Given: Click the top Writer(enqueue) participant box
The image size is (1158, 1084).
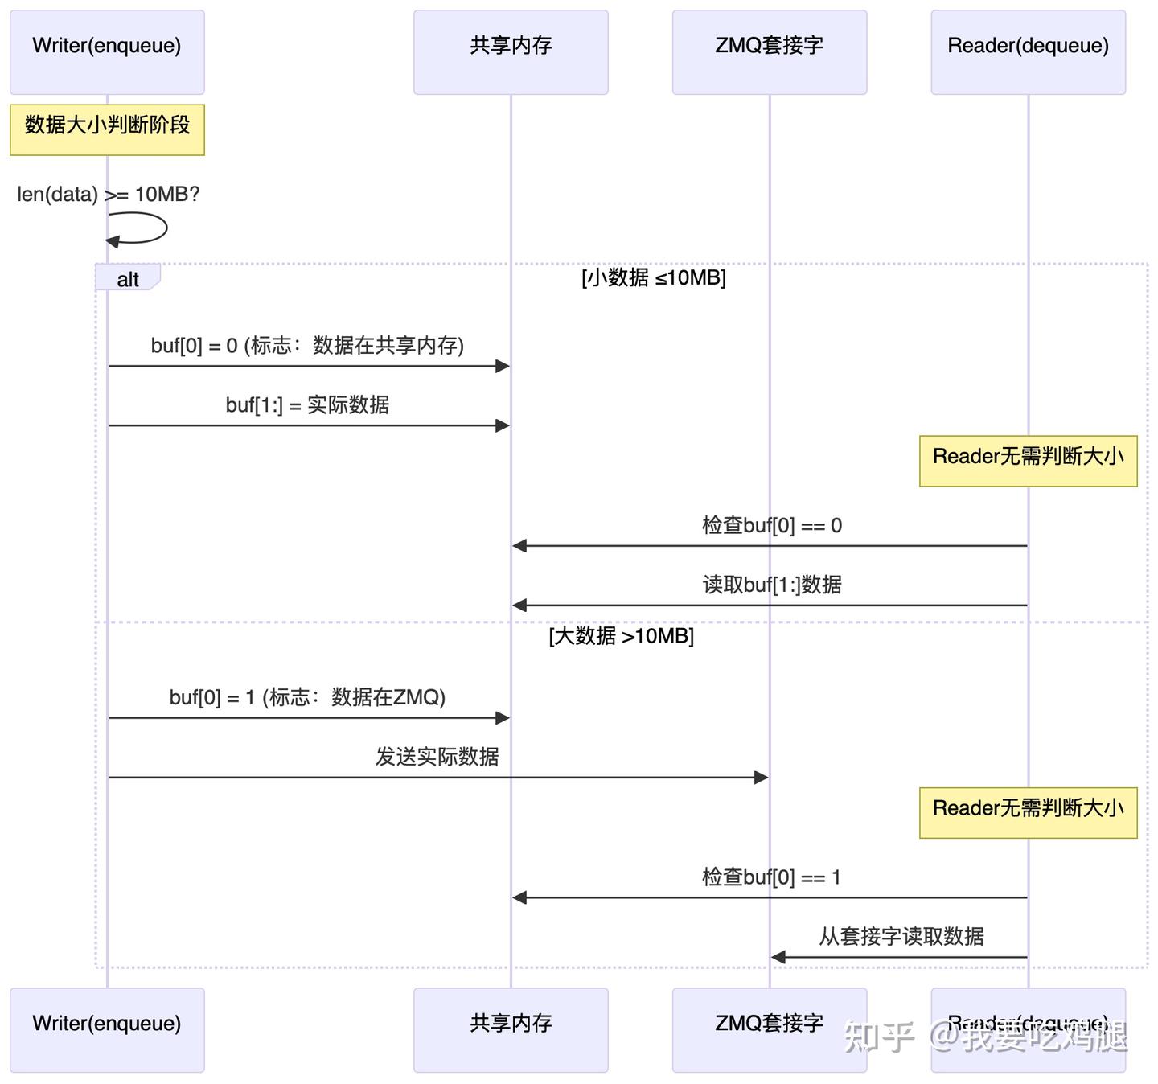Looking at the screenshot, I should [x=107, y=52].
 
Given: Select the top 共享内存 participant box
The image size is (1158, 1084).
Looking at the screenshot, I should [x=511, y=52].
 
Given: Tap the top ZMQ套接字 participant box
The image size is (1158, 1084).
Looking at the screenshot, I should [x=770, y=52].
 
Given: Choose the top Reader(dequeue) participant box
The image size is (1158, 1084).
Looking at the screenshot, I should [x=1028, y=52].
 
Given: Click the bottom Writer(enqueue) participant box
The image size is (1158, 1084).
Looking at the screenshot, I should [x=107, y=1029].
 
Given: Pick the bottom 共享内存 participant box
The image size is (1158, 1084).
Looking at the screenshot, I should [x=511, y=1029].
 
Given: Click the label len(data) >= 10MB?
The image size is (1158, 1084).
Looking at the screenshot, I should [x=109, y=195].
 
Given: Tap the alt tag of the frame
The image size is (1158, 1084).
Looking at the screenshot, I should [x=128, y=279].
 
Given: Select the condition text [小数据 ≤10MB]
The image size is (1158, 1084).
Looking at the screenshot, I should [x=653, y=277].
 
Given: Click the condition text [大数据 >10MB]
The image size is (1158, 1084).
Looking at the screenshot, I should [x=621, y=636].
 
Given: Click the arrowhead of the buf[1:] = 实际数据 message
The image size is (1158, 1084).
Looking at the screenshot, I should [x=503, y=425].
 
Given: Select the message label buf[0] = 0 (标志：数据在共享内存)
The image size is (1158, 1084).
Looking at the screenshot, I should [x=307, y=346].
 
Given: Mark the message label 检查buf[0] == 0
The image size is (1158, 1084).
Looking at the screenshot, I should [x=771, y=526].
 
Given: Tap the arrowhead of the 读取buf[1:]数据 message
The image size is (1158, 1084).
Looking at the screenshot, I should [x=520, y=605].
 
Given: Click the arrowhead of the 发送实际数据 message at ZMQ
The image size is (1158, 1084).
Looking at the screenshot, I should [x=761, y=777].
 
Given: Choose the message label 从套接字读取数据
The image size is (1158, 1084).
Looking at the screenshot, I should [x=901, y=936].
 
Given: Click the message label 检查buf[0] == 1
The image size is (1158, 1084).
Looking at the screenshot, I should [x=771, y=877].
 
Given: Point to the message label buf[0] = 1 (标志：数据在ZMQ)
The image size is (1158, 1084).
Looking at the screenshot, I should [x=307, y=697].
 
